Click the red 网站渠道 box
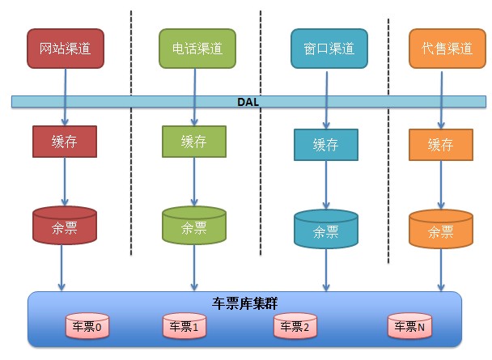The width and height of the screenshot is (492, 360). [x=66, y=49]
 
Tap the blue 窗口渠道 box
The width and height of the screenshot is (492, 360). [x=329, y=49]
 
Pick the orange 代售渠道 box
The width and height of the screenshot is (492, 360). [x=442, y=49]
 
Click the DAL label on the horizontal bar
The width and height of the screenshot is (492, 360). [x=247, y=101]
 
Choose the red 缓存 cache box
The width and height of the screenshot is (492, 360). [x=65, y=142]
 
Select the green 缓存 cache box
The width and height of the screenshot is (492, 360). [x=194, y=141]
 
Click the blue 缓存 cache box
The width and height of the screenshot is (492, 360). [x=325, y=145]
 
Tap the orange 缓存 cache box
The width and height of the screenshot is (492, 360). [x=440, y=145]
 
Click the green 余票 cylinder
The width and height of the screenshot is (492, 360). [x=194, y=226]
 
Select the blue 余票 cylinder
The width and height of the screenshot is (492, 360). [x=326, y=230]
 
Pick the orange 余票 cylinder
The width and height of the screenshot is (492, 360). [x=440, y=230]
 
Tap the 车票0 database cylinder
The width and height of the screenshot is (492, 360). [x=87, y=326]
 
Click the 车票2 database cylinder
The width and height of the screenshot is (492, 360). [x=296, y=326]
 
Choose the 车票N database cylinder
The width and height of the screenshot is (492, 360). [x=409, y=326]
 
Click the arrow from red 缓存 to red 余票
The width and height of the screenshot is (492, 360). [x=65, y=182]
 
